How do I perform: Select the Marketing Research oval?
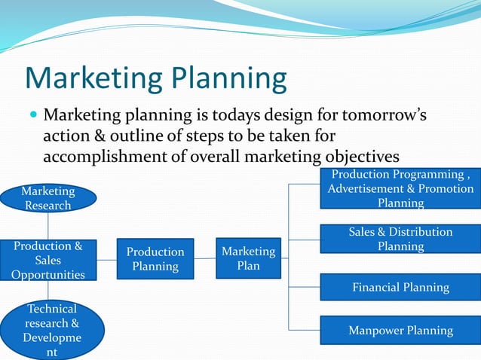pos(48,198)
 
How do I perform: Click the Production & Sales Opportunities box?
pos(48,260)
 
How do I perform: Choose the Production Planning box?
pos(155,259)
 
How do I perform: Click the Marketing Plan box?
pos(248,258)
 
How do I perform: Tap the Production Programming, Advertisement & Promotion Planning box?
pos(400,188)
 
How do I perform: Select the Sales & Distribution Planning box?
pos(400,239)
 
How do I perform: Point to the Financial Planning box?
pos(400,287)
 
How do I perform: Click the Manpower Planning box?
pos(400,330)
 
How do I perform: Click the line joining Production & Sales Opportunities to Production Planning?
pos(106,258)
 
